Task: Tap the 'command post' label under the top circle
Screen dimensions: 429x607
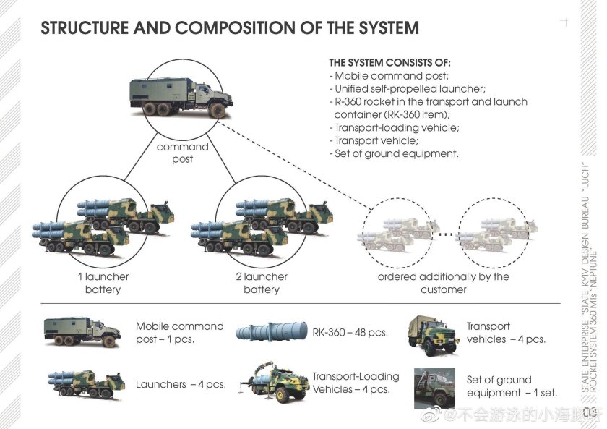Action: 182,153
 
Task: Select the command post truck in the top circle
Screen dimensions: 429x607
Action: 181,98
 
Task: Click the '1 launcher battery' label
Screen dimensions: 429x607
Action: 103,283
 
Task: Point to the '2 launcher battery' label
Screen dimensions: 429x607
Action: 261,283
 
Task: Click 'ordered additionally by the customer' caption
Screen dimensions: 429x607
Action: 443,283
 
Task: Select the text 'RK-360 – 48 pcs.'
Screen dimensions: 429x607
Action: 350,333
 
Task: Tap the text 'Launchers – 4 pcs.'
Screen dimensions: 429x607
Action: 181,384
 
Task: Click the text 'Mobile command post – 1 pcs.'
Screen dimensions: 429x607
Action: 180,333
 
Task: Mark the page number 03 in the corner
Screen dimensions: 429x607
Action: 590,413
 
